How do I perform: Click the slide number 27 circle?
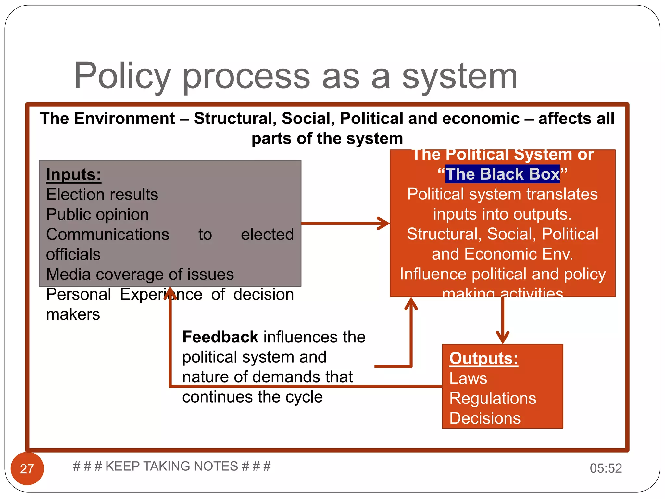click(x=27, y=468)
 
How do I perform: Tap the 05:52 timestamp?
click(x=606, y=468)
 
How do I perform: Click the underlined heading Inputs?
click(x=74, y=174)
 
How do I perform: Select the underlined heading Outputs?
click(x=483, y=359)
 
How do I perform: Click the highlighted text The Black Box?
click(x=502, y=174)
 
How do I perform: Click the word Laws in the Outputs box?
click(x=468, y=378)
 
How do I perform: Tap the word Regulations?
click(x=493, y=398)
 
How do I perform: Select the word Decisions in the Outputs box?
click(x=485, y=418)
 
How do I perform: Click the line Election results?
click(x=102, y=195)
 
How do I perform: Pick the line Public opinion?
click(x=97, y=214)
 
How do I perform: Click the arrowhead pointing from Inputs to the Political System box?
click(x=384, y=224)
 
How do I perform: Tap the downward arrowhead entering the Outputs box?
click(x=503, y=338)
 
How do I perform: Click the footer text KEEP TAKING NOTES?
click(x=172, y=466)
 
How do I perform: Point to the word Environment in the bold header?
click(x=124, y=118)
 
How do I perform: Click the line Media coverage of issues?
click(x=140, y=275)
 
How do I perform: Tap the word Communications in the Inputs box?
click(x=107, y=235)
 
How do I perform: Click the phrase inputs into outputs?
click(x=502, y=214)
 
